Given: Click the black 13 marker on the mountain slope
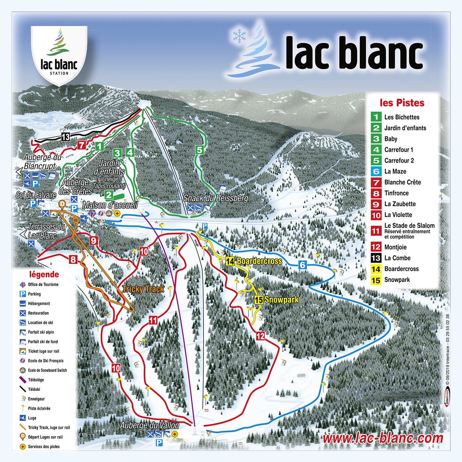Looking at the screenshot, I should pos(66,137).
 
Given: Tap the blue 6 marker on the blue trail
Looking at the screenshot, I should pos(303,265).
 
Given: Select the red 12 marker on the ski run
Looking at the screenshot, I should pos(260,336).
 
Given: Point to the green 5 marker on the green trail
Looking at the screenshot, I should pos(200,150).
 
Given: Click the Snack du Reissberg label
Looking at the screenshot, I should pos(216,198).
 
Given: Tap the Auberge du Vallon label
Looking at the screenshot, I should pos(149,425).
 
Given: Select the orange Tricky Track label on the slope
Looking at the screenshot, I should pos(143,289).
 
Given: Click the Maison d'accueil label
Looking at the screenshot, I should pos(110,205).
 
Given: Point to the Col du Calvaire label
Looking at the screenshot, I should pos(36,195).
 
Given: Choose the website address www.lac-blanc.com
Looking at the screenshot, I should pos(383,438).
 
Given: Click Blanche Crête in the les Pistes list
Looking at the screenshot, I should pos(402,182).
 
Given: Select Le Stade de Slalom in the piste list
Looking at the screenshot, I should pos(409,226).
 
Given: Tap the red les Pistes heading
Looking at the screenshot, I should pos(402,103).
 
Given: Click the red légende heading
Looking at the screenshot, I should pos(44,275).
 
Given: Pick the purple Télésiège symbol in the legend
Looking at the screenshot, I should pos(22,380).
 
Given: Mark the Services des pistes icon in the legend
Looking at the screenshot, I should pos(22,447).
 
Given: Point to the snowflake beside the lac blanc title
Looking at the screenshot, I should pos(239,36).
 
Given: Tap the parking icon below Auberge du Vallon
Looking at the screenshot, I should pos(159,443).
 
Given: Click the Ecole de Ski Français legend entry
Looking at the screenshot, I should pos(46,361).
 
